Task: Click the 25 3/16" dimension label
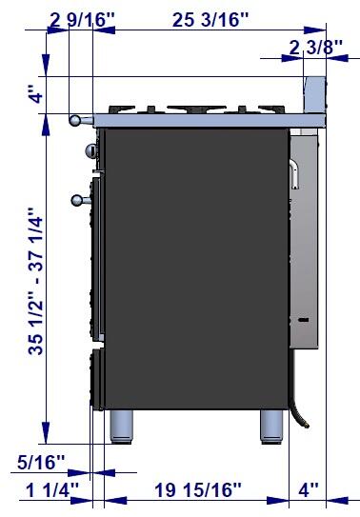pos(210,20)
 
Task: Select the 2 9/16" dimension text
pos(83,20)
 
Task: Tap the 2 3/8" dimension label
pos(316,48)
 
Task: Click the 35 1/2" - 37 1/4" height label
pos(35,281)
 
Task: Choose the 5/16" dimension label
pos(41,463)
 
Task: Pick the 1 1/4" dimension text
pos(52,490)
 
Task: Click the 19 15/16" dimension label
pos(198,490)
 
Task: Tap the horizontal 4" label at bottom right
pos(309,490)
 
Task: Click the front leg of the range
pos(121,427)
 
